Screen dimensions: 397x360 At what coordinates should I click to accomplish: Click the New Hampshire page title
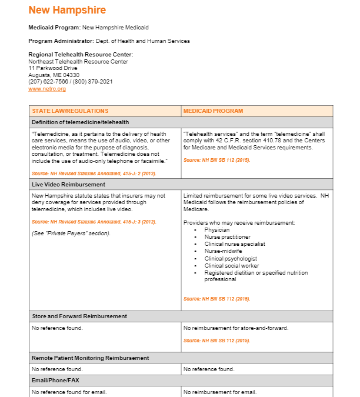(67, 10)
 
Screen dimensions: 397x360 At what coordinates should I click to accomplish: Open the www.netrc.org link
(46, 88)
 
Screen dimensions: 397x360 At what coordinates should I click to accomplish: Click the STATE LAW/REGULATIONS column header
(70, 111)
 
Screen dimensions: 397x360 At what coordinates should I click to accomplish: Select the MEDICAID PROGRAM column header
(213, 111)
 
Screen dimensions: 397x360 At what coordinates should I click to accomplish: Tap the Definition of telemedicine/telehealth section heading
(80, 122)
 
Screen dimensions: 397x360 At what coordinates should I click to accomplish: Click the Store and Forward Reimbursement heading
(79, 316)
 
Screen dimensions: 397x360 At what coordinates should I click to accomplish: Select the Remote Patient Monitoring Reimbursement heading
(90, 358)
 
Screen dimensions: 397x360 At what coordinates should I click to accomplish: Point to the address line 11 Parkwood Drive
(52, 68)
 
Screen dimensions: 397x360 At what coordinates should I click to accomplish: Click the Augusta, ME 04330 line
(54, 75)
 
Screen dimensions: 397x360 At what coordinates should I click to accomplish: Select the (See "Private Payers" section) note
(71, 233)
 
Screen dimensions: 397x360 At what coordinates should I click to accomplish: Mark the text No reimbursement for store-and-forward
(235, 328)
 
